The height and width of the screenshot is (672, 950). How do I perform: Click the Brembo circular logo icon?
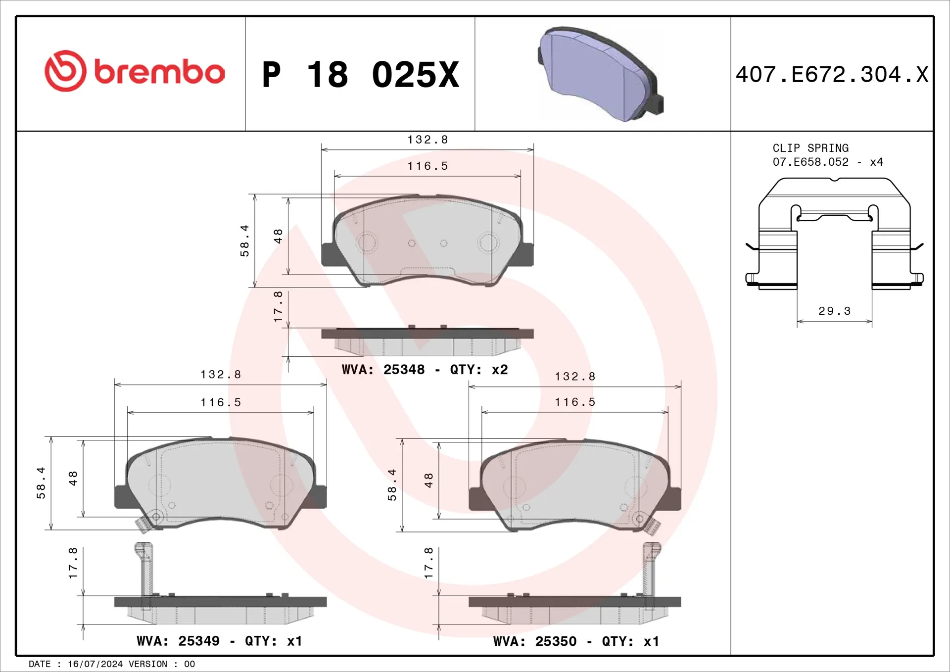click(x=65, y=71)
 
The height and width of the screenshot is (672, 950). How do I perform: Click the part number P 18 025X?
click(x=361, y=75)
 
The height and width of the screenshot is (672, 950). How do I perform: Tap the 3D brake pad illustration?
click(x=601, y=74)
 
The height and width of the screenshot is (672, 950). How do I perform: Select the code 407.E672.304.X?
click(x=832, y=75)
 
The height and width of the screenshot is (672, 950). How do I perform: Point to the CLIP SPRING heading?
click(x=810, y=148)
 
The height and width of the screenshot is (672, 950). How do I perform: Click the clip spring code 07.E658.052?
click(x=810, y=162)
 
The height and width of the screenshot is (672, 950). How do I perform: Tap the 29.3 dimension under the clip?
click(x=834, y=311)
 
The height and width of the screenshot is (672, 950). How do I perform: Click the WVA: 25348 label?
click(x=383, y=370)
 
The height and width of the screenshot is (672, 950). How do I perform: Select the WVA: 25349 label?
click(x=178, y=641)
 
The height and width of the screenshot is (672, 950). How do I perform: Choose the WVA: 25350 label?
click(x=535, y=641)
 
